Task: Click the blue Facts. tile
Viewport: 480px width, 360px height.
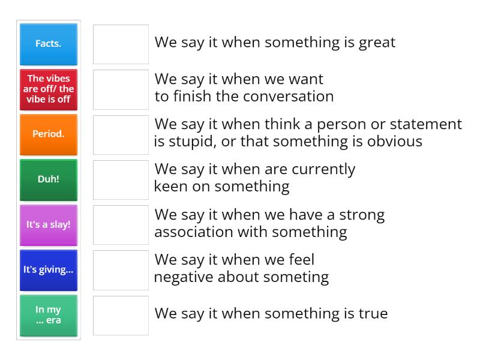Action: pos(48,44)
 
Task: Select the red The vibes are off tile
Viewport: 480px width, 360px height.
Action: pos(48,89)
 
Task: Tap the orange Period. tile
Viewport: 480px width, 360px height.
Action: pos(48,134)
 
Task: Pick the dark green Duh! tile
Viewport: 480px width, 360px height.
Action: pos(48,179)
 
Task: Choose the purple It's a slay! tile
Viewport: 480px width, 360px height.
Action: pos(48,225)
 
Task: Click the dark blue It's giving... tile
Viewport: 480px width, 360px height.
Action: pos(48,270)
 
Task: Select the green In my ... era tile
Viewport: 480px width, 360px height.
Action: pos(48,315)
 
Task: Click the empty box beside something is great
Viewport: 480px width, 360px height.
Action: pos(121,44)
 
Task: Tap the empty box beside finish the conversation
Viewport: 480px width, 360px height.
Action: pos(121,89)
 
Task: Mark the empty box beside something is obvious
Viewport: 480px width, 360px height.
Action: pos(121,134)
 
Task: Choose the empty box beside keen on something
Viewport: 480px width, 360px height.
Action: pos(121,179)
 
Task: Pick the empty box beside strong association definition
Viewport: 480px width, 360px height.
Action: pos(121,225)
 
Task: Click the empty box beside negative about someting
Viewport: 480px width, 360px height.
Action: pos(121,270)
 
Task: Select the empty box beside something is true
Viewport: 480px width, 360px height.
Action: pos(121,315)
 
